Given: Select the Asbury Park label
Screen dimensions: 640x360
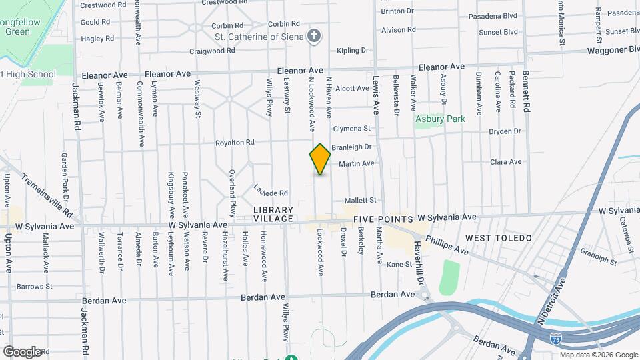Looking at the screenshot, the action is click(x=439, y=119).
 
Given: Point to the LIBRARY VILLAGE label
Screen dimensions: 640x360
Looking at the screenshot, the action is click(x=273, y=214).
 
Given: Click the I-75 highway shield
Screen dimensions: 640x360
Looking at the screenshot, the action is click(x=555, y=340).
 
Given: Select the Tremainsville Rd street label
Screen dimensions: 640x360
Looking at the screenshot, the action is click(x=47, y=196).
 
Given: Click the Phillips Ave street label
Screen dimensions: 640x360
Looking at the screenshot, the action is click(x=448, y=244).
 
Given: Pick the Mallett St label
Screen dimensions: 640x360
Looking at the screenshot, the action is click(x=361, y=200).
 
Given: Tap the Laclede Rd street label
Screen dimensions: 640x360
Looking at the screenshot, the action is click(x=271, y=191).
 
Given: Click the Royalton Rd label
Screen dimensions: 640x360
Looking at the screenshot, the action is click(x=235, y=143).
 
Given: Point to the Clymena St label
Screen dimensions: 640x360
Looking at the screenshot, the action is click(x=351, y=129).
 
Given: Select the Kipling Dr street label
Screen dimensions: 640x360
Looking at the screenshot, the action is click(x=353, y=51).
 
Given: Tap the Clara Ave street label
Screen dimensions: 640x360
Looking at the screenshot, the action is click(x=505, y=162).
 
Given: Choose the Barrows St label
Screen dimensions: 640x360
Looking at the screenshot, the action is click(x=35, y=287).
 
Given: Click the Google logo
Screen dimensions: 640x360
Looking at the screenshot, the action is click(x=22, y=351).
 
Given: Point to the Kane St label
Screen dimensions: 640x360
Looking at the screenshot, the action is click(x=399, y=265).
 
